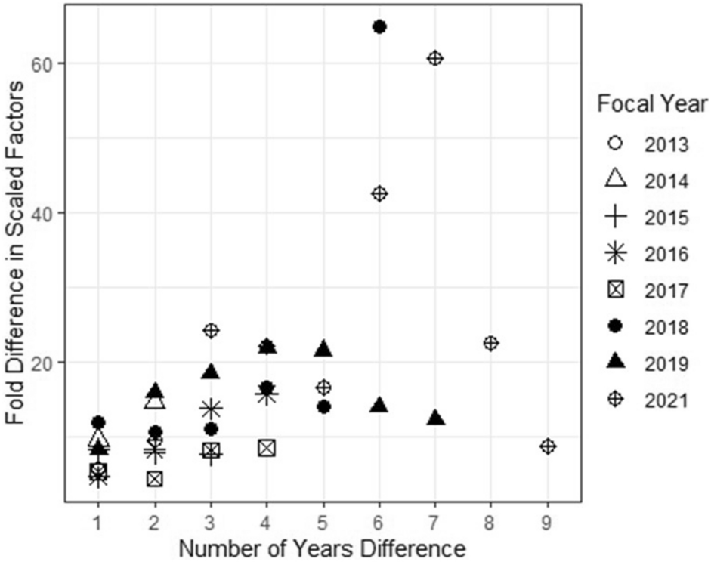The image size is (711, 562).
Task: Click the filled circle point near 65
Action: point(379,27)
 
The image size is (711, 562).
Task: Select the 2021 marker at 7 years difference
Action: point(434,58)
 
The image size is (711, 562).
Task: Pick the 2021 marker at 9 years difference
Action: point(547,446)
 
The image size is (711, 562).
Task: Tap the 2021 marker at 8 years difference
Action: point(490,343)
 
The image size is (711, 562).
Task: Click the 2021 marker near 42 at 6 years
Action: point(379,193)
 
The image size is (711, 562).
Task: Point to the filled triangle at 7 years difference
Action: point(434,418)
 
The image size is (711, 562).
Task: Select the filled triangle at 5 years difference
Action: point(323,349)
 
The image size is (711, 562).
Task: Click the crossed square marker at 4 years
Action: point(266,448)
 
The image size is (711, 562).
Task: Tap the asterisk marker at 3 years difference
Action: point(211,409)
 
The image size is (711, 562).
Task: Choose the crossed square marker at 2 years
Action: point(155,478)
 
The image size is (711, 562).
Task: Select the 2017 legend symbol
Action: point(616,291)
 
